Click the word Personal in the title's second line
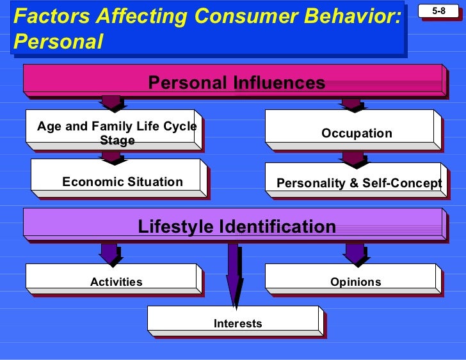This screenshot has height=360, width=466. (x=58, y=42)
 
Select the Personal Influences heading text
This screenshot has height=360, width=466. (x=236, y=82)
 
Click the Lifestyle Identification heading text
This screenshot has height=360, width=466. (x=237, y=226)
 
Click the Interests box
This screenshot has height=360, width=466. (x=237, y=323)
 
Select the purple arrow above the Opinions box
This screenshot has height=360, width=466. (x=355, y=253)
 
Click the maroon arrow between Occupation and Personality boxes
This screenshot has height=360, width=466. (x=353, y=158)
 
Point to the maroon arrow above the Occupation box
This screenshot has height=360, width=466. (x=351, y=104)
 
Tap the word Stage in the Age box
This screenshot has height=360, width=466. (x=117, y=140)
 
